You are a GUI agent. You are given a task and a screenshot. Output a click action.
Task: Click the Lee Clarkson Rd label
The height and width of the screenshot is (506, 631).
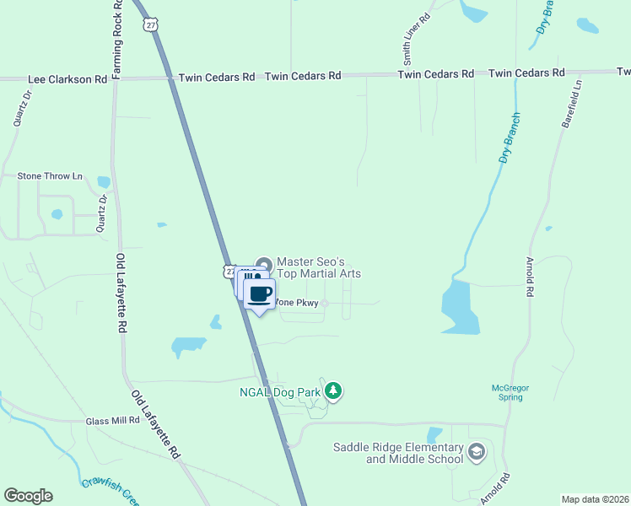click(67, 79)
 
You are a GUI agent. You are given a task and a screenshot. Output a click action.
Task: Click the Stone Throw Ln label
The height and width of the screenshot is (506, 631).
click(51, 176)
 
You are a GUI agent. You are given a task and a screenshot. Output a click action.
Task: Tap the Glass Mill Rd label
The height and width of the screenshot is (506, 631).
click(112, 420)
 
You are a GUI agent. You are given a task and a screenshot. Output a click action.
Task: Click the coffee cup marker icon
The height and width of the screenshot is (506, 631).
click(260, 293)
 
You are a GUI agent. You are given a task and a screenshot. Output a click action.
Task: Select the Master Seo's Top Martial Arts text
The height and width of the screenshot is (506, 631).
click(319, 267)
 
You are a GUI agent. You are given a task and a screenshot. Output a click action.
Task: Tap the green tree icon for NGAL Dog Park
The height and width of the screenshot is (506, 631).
click(333, 390)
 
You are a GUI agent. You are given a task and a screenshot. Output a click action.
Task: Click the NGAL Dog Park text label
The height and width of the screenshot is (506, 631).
click(284, 391)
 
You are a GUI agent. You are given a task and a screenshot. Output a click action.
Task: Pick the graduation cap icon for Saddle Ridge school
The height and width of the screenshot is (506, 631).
click(477, 453)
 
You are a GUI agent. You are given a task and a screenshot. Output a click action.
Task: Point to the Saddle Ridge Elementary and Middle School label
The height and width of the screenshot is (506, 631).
click(398, 453)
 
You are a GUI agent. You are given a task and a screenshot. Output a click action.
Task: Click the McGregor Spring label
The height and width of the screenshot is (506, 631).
click(510, 392)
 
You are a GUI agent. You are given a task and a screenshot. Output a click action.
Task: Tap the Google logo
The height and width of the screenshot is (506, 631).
click(28, 496)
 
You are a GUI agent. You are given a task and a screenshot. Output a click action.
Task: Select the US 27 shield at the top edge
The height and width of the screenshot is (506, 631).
click(150, 25)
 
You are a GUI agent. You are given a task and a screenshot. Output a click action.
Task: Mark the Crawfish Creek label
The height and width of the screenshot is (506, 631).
click(110, 488)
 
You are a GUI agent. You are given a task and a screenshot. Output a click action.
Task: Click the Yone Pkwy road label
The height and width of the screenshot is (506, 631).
click(299, 305)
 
